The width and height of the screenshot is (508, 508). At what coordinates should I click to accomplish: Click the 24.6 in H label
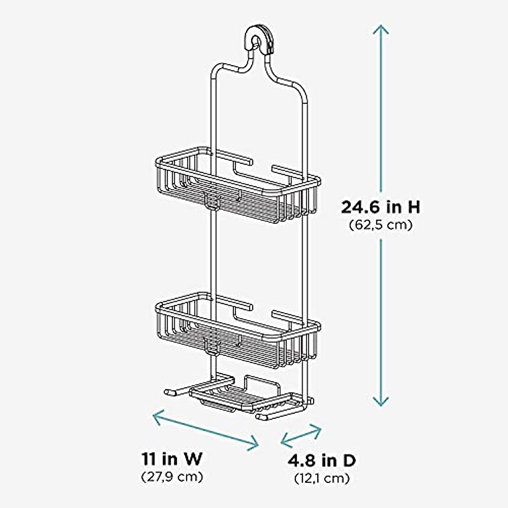click(x=381, y=207)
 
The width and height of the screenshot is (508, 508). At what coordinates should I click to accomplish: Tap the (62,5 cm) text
click(x=381, y=225)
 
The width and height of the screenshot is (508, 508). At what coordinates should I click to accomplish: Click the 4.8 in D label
click(x=322, y=460)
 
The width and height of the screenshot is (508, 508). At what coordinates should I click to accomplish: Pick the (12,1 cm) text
click(x=322, y=479)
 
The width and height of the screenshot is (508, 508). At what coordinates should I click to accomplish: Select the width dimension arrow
click(x=206, y=429)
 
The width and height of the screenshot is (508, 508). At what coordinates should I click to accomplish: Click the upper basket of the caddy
click(x=237, y=186)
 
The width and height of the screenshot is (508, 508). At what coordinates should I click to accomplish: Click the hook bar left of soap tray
click(x=178, y=389)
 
